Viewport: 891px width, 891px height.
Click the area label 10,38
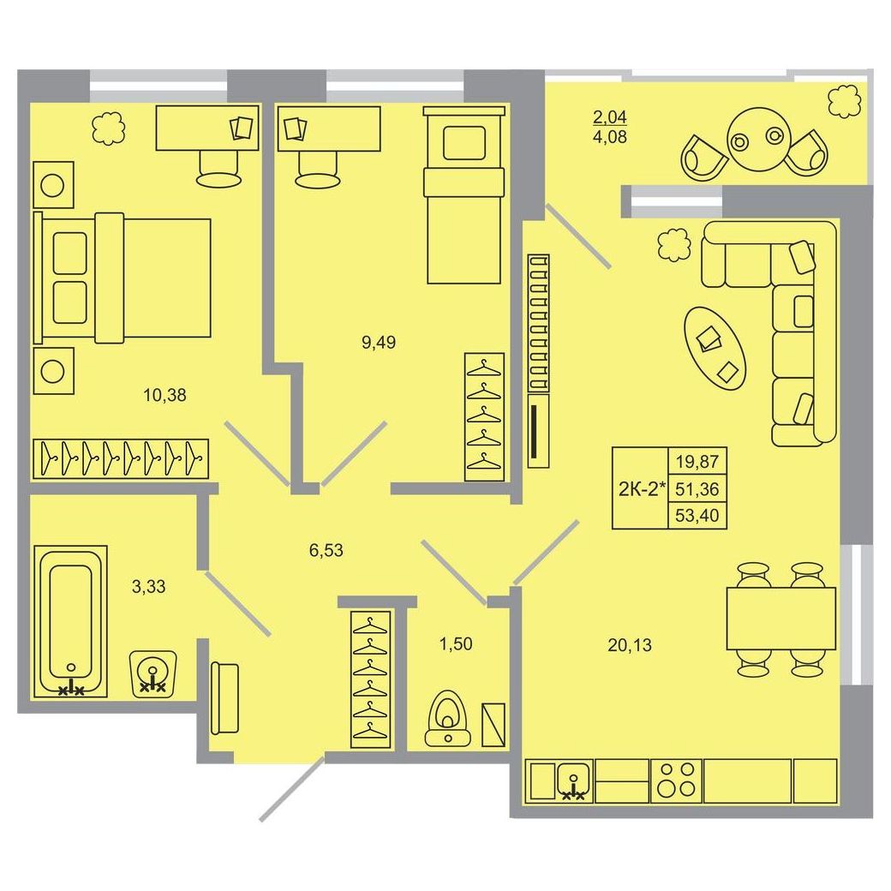[164, 395]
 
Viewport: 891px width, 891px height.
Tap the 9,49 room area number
[379, 343]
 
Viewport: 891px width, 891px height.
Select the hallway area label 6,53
[326, 550]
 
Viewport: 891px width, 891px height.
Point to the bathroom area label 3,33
[148, 586]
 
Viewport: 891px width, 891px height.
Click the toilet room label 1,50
[456, 643]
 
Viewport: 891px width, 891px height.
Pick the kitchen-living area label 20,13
[630, 645]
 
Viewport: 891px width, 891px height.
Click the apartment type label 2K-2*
[642, 488]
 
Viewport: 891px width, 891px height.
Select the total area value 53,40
[697, 516]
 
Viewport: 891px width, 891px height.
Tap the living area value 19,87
[697, 462]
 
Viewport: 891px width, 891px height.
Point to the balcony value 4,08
[610, 137]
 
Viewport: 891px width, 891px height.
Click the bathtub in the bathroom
[71, 622]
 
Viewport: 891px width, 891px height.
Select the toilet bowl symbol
[448, 718]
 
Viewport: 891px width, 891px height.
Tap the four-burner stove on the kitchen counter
[676, 780]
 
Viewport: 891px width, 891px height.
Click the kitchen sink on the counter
[575, 780]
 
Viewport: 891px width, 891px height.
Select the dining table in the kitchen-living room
[780, 619]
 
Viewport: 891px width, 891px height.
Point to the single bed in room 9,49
[463, 194]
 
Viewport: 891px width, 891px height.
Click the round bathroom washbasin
[153, 673]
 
